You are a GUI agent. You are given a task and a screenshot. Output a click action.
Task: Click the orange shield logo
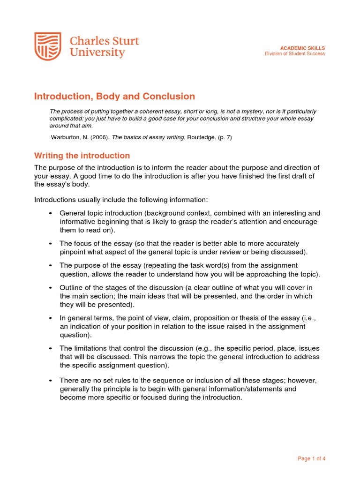48,46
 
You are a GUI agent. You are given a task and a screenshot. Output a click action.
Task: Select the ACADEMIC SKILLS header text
302,48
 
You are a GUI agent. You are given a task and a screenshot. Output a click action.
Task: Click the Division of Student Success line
295,54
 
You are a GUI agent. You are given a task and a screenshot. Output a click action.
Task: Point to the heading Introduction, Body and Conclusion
114,97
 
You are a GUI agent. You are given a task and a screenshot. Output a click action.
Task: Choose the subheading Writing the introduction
82,156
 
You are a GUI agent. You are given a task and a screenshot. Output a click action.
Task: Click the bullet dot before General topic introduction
51,213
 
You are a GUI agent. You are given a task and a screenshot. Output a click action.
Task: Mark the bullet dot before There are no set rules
51,380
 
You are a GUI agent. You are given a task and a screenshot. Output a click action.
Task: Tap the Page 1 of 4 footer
311,458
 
